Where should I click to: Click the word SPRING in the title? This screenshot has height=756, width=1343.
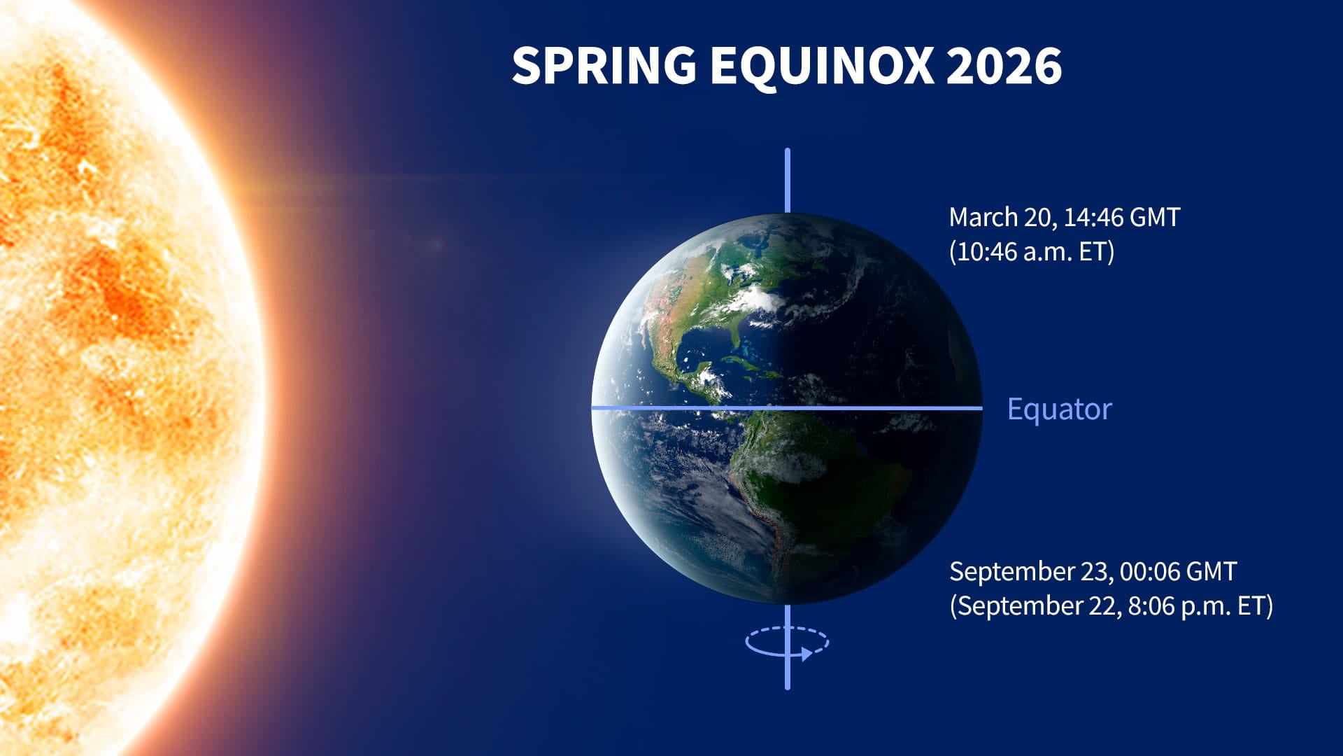604,66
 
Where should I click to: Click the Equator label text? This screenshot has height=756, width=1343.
1059,409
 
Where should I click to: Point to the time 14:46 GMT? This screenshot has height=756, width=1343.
1121,218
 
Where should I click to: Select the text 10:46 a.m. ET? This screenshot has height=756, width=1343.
1031,252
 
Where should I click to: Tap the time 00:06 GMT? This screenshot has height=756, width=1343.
1178,572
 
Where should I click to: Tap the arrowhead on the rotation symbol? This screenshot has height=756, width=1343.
806,654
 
